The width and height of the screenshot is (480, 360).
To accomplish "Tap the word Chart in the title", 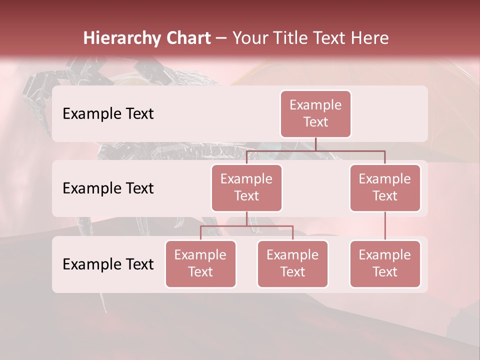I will pos(186,38).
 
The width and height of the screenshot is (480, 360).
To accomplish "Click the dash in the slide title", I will pos(221,39).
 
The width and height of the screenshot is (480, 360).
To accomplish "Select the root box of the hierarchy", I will pos(315,113).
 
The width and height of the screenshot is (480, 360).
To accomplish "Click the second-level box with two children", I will pos(246,187).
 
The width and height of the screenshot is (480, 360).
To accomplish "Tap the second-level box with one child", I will pos(385,187).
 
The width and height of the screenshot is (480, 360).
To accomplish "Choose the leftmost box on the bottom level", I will pos(200,263).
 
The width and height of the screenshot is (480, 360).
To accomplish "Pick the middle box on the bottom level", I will pos(292,263).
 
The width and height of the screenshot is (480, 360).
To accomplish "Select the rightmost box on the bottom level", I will pos(385,263).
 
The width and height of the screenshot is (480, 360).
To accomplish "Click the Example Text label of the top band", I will pos(108,114).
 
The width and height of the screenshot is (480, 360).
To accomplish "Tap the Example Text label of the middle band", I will pos(108,188).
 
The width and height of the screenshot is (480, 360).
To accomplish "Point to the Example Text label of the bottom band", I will pos(108,264).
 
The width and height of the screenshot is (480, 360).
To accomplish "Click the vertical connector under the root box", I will pos(315,144).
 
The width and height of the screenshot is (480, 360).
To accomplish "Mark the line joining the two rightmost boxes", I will pos(385,226).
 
